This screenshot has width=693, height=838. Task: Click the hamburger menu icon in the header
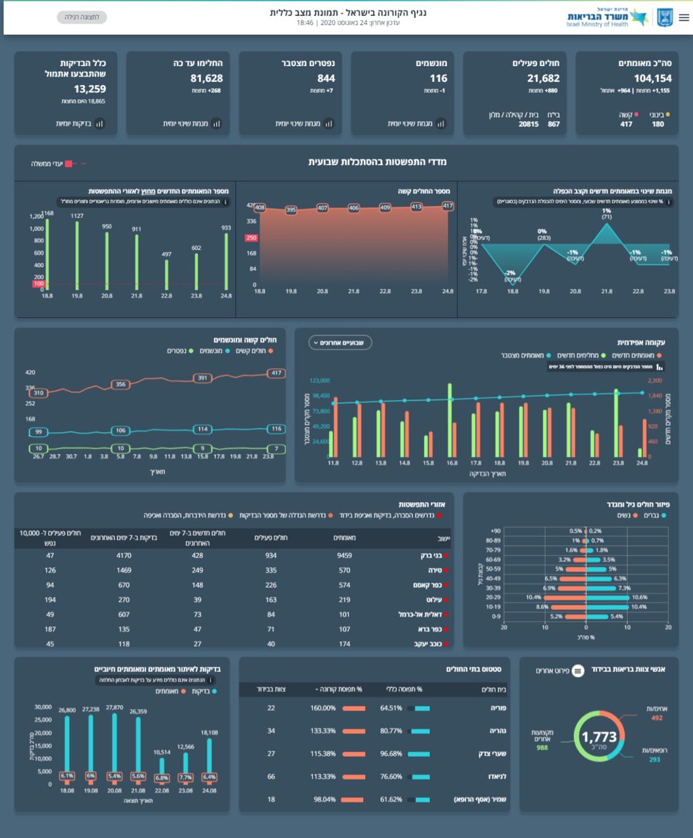684,18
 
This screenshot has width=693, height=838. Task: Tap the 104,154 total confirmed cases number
652,79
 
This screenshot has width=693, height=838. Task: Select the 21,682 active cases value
543,79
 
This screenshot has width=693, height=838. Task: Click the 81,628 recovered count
206,79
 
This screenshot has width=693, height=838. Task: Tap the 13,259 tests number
90,89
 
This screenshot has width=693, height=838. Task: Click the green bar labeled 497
167,275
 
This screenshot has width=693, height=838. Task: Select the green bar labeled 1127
77,255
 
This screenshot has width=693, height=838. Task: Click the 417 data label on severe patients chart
448,206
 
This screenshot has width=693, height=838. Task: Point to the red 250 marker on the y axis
251,238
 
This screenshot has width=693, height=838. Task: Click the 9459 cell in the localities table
344,556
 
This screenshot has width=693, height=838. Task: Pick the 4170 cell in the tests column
124,556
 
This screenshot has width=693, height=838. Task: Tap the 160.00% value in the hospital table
323,708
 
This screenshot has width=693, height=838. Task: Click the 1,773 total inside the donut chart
599,737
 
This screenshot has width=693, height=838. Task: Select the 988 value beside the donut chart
542,748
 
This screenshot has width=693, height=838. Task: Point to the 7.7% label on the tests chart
185,778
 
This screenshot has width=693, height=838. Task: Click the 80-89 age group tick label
493,541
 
